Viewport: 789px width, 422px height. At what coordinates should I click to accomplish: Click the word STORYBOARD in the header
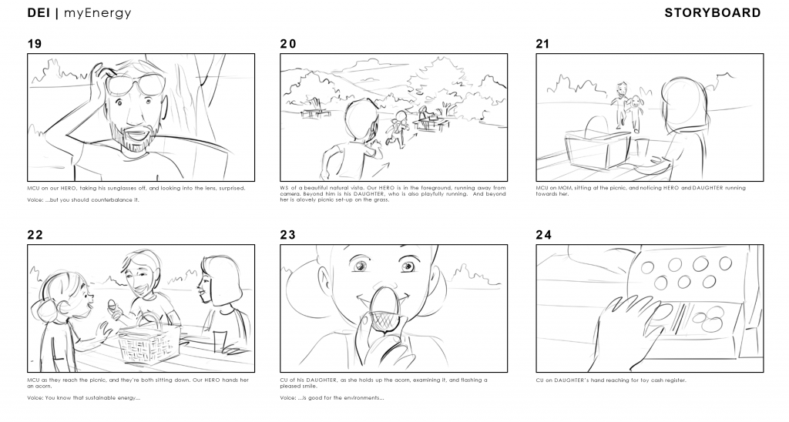(713, 13)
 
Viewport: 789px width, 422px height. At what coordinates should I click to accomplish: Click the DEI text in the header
(39, 13)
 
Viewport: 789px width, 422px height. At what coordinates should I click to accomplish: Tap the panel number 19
(34, 44)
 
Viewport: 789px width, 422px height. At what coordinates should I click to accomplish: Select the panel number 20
(288, 44)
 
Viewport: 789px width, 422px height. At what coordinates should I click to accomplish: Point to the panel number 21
(542, 44)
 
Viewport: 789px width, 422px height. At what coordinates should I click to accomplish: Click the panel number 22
(35, 235)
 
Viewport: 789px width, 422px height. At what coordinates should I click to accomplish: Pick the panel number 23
(288, 235)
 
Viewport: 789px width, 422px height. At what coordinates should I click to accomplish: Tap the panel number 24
(544, 235)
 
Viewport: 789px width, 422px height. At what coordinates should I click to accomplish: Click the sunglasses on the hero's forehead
(133, 83)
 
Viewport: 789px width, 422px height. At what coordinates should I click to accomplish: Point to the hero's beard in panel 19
(132, 136)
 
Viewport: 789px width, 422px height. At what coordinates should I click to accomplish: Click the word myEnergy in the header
(98, 14)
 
